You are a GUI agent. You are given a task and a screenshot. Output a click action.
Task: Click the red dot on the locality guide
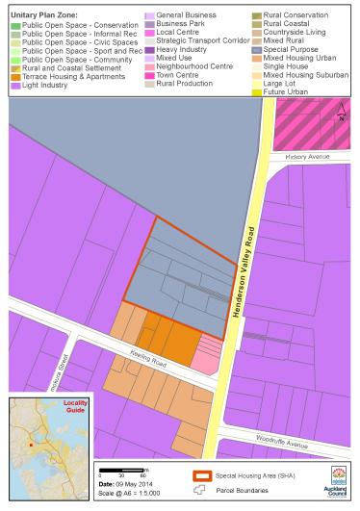tap(32, 446)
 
